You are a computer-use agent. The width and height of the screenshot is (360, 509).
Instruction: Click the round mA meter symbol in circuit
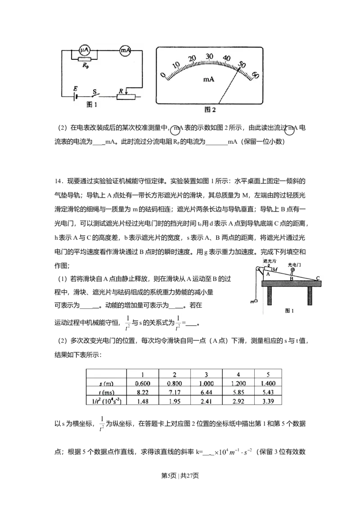(x=125, y=51)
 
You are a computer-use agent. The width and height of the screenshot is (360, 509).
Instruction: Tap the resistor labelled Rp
(x=85, y=59)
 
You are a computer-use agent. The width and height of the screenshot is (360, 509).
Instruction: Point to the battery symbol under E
(x=76, y=96)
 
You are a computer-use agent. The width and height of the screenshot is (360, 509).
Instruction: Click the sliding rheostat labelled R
(x=126, y=96)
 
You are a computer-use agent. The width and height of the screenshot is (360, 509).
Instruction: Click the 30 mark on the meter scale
(x=209, y=57)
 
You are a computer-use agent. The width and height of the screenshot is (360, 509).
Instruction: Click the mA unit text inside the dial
(x=208, y=79)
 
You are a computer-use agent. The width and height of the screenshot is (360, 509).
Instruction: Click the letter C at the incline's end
(x=318, y=278)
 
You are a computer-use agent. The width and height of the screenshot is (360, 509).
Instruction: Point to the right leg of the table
(x=310, y=295)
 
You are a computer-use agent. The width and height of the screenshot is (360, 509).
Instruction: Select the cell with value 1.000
(x=207, y=383)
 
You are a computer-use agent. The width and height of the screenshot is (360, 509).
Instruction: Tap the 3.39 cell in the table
(x=271, y=401)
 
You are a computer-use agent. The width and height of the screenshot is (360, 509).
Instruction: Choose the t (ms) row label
(x=106, y=392)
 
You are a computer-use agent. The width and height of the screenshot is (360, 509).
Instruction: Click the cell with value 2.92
(x=238, y=401)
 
